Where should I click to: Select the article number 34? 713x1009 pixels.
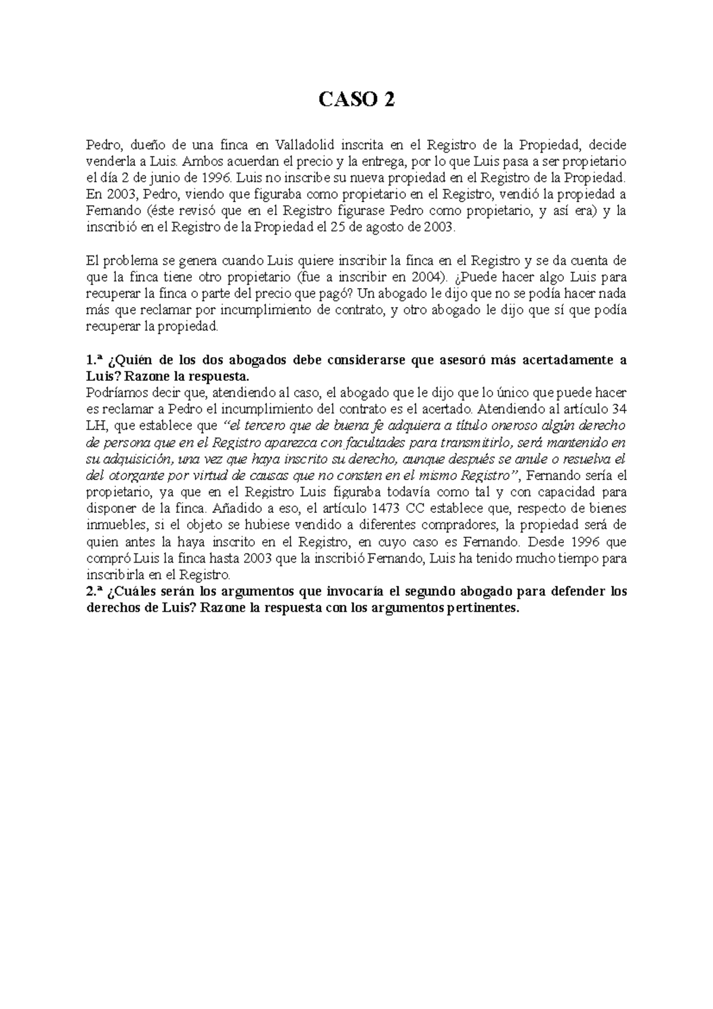pos(619,409)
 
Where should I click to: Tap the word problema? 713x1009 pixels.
pos(128,260)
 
